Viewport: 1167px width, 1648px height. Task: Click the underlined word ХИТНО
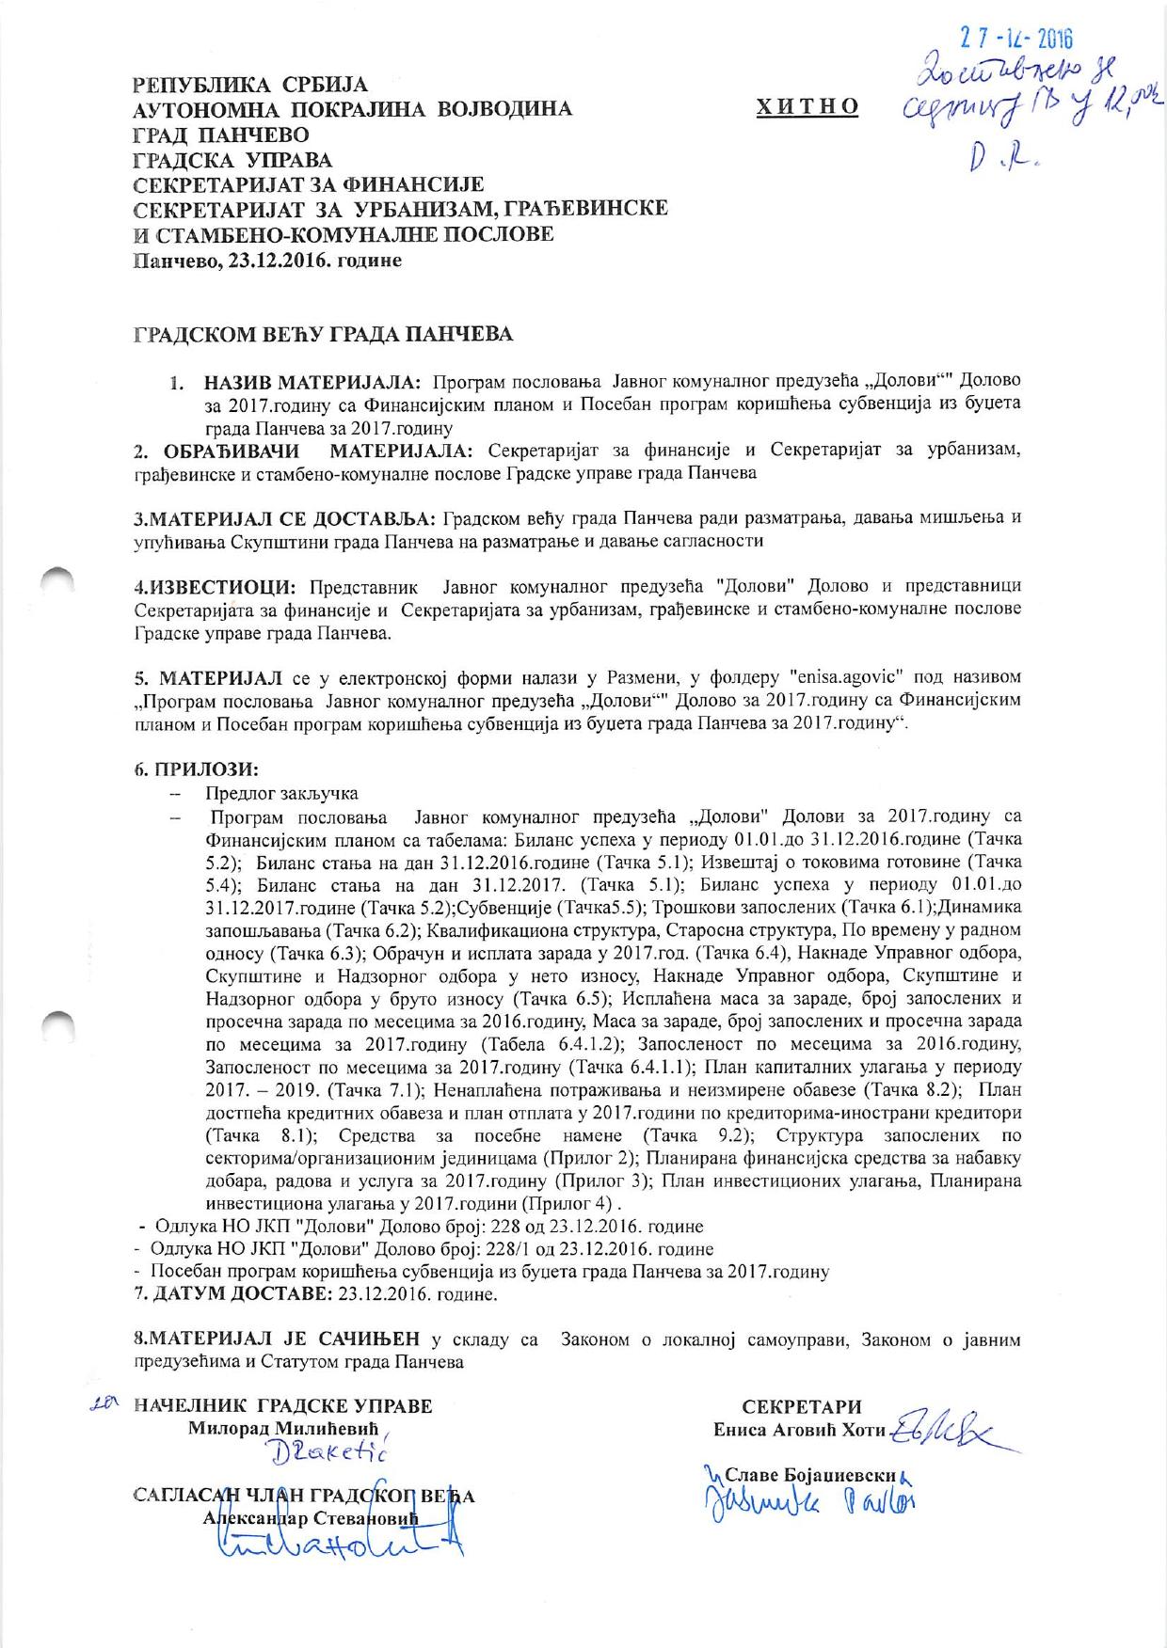(x=807, y=107)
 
